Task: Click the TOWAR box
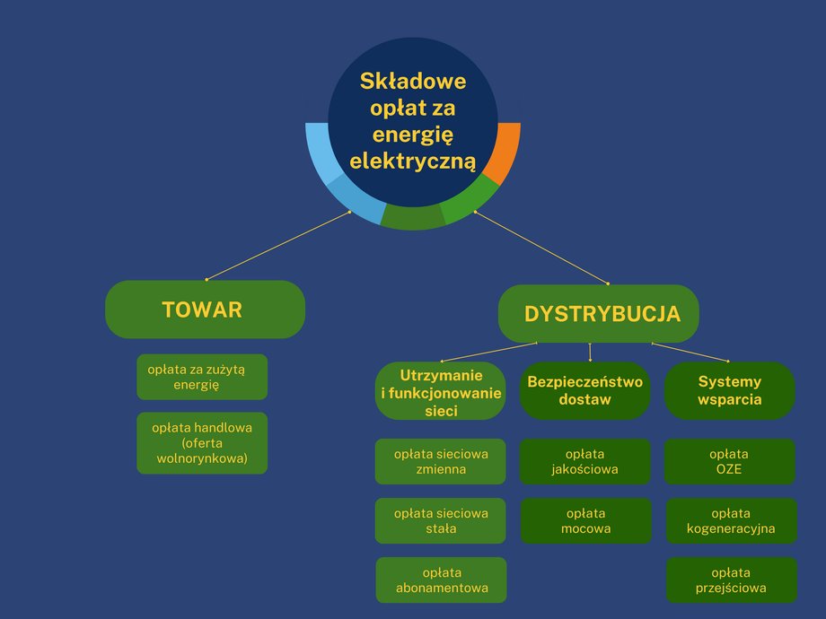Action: (205, 309)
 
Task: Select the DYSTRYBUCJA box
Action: (599, 314)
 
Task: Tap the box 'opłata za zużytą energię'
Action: (202, 377)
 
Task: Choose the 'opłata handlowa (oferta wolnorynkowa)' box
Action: (202, 443)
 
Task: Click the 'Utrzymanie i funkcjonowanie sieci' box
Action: (441, 391)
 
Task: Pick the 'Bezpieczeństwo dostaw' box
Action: (584, 390)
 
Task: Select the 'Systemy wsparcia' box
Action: (729, 390)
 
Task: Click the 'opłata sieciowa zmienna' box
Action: (441, 461)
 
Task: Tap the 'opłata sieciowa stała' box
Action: (441, 520)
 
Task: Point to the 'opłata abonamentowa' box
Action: (441, 580)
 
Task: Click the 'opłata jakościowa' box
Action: (584, 461)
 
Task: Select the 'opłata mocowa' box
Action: (585, 520)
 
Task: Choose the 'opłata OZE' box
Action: (729, 461)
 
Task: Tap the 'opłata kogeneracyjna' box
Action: (730, 520)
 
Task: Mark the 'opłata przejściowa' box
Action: (730, 580)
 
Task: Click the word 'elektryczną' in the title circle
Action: (413, 162)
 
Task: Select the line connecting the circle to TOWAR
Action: (278, 246)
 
